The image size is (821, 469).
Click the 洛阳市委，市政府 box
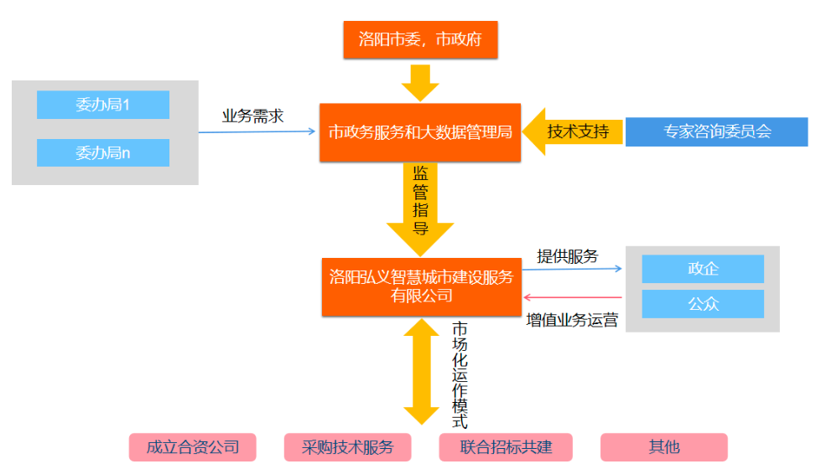[x=420, y=39]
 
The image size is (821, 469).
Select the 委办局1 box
[x=103, y=105]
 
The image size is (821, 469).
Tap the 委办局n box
[x=103, y=153]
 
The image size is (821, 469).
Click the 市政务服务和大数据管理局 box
[x=420, y=132]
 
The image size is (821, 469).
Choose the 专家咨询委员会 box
[x=716, y=131]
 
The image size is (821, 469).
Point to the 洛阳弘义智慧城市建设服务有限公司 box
[x=421, y=286]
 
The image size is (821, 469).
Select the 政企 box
[x=703, y=269]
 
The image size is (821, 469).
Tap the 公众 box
[x=703, y=304]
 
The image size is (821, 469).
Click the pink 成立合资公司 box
[x=192, y=446]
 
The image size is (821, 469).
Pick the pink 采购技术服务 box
[x=347, y=446]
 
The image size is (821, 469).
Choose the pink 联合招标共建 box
[x=505, y=446]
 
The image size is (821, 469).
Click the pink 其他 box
[x=663, y=446]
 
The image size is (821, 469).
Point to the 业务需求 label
[x=252, y=116]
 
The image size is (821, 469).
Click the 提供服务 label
[x=568, y=256]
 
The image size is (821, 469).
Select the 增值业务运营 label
[x=572, y=319]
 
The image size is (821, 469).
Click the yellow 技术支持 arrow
[x=574, y=131]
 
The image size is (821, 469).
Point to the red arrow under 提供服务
[x=573, y=297]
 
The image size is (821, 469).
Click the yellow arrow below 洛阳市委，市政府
[x=420, y=82]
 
